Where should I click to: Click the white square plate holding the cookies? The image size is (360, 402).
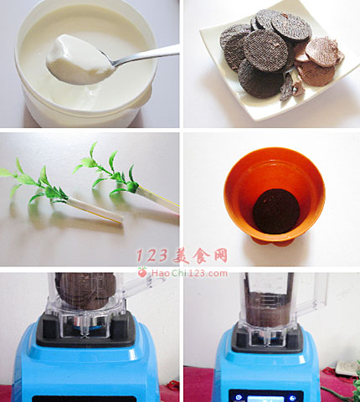tap(279, 64)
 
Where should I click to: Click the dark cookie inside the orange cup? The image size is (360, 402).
tap(276, 211)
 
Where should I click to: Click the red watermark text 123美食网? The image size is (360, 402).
tap(182, 255)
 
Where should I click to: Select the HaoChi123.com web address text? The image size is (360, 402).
tap(189, 273)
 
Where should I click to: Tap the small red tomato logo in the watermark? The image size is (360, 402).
tap(142, 272)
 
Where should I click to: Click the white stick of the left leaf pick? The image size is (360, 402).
tap(95, 210)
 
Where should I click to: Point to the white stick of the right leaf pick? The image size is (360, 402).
tap(158, 199)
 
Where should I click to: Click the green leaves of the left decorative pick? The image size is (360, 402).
tap(33, 183)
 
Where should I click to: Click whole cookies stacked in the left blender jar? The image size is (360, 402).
tap(86, 291)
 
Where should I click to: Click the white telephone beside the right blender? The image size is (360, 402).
tap(346, 368)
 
